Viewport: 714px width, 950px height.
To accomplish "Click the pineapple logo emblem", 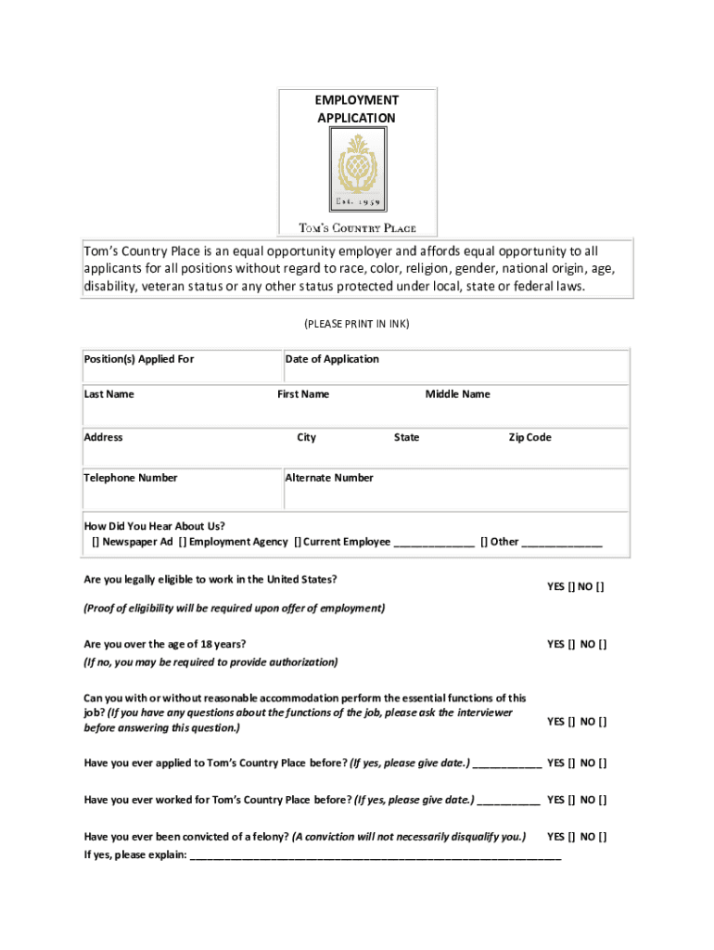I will (357, 170).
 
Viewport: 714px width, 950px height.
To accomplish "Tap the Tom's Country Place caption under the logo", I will (357, 228).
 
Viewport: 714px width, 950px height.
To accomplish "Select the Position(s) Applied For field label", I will (139, 360).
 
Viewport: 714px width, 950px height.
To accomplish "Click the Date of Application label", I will (332, 360).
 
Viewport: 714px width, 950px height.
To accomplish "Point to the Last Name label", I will (109, 394).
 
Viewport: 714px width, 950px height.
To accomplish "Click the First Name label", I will (303, 394).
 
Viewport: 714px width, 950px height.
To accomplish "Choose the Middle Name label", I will (458, 394).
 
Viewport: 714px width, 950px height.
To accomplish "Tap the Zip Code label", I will (529, 438).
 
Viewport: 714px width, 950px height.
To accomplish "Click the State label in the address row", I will (406, 438).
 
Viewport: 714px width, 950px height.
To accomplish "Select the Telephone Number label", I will (131, 479).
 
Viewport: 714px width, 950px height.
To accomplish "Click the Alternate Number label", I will (329, 479).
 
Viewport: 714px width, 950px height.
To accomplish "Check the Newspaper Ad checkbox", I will (96, 543).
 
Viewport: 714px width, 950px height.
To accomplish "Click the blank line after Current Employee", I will (434, 544).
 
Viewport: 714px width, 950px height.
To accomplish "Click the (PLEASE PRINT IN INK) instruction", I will (357, 324).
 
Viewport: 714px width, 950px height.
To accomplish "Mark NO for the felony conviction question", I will (604, 837).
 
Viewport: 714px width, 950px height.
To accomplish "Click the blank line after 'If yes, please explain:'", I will (375, 857).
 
